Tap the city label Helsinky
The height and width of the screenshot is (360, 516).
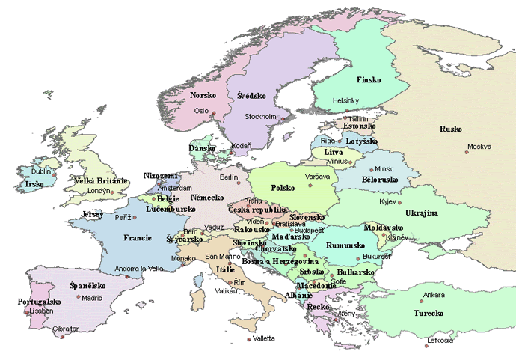tap(346, 100)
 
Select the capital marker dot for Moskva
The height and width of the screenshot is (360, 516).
tap(467, 152)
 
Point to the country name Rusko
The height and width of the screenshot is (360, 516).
tap(451, 128)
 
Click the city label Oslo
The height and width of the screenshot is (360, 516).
tap(201, 110)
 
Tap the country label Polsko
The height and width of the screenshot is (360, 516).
tap(283, 188)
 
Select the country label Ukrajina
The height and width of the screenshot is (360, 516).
tap(421, 213)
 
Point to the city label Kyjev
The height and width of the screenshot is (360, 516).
tap(388, 202)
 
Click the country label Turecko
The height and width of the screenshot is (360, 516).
tap(429, 311)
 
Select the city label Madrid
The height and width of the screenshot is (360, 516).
tap(92, 297)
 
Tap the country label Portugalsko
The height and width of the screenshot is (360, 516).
tap(38, 302)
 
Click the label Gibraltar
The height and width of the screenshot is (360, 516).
tap(65, 328)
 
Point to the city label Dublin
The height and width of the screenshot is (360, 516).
tap(41, 171)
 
